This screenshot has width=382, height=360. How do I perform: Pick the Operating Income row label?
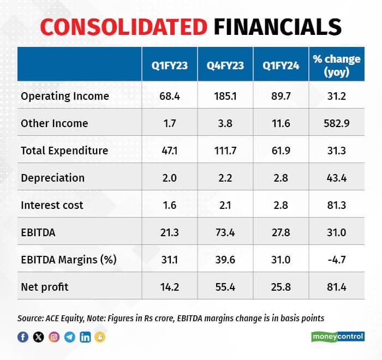(x=65, y=96)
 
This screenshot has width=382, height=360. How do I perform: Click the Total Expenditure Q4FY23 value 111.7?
(x=225, y=151)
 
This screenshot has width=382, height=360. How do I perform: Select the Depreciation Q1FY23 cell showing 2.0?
(x=170, y=178)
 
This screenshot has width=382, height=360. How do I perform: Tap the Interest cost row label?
(x=52, y=205)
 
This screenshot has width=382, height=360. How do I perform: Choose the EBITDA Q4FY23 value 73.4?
(x=225, y=232)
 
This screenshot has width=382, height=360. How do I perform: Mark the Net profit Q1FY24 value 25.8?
(x=280, y=287)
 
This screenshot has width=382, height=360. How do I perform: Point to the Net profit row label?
(x=45, y=287)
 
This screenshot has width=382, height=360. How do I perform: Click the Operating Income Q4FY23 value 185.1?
(x=225, y=96)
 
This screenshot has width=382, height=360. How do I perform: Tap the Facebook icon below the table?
(x=23, y=337)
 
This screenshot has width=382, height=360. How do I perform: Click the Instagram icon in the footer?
(x=54, y=337)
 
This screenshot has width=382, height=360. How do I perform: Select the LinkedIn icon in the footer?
(x=85, y=337)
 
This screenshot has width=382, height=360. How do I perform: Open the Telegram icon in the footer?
(x=69, y=337)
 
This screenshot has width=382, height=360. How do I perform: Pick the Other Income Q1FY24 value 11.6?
(x=280, y=123)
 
